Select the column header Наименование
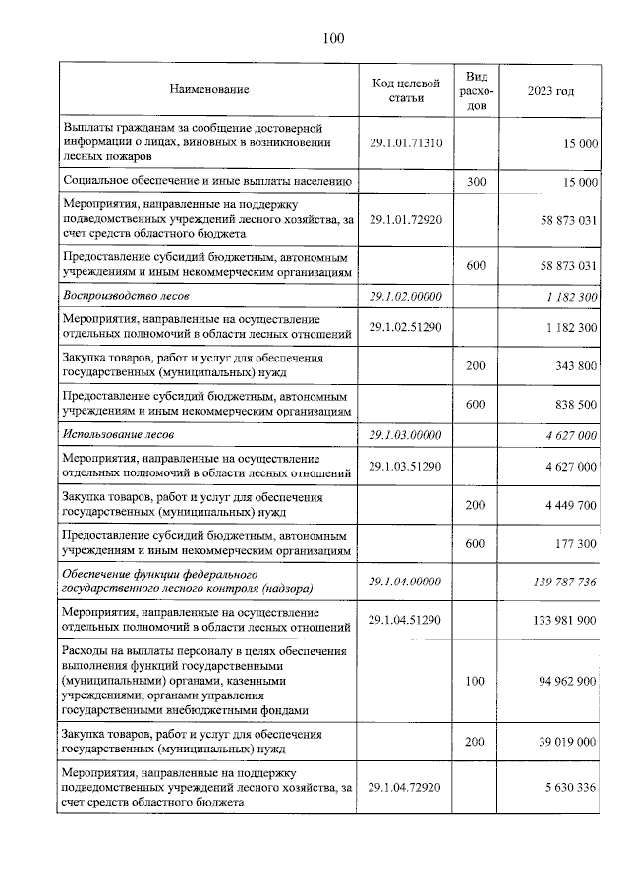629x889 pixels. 208,90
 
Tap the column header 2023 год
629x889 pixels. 550,90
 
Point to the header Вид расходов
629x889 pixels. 475,90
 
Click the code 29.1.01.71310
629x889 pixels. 406,143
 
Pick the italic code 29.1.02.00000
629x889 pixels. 406,295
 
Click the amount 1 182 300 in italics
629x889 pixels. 565,295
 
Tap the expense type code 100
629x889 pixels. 475,680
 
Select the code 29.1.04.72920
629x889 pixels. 406,788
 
